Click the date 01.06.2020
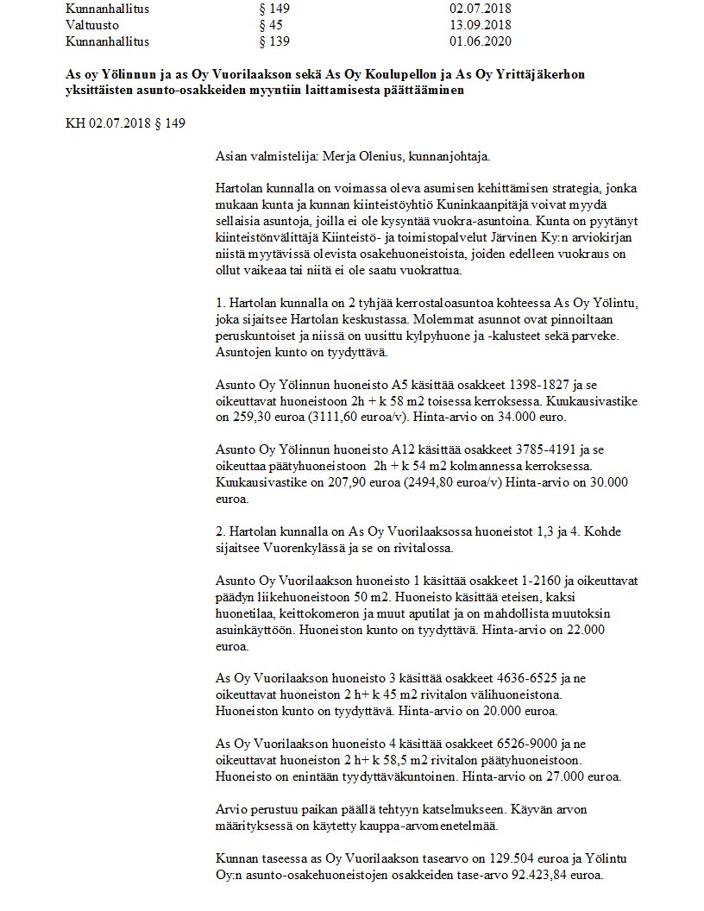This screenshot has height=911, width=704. pyautogui.click(x=468, y=41)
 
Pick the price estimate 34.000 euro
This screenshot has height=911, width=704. pyautogui.click(x=520, y=417)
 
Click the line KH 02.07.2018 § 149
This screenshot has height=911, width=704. pyautogui.click(x=126, y=123)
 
